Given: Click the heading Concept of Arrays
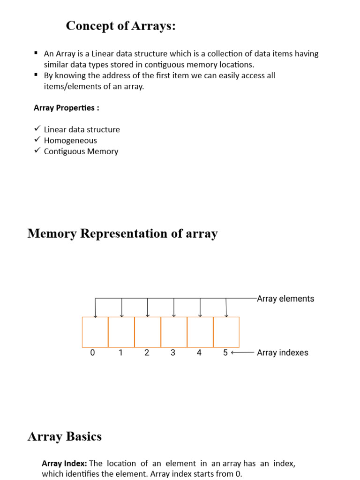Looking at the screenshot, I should (x=121, y=26).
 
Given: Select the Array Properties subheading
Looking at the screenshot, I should (x=66, y=108).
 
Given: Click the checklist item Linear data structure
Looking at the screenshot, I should (x=82, y=129).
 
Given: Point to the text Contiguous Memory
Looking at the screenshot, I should (x=81, y=151).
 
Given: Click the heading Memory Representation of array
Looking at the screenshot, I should (x=122, y=233).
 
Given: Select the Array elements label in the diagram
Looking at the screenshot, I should (x=285, y=299).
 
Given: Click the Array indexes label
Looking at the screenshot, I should (x=283, y=352).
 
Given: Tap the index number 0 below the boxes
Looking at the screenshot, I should (x=92, y=353).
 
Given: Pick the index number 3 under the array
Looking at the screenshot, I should (x=173, y=353).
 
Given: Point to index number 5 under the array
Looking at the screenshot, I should (x=225, y=353).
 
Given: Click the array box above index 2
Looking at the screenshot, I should (x=148, y=332).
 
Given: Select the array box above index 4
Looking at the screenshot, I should (x=200, y=332).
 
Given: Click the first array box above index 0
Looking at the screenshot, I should (x=95, y=332).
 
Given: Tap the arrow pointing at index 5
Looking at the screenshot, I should (x=242, y=352).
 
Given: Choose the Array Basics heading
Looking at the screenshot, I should (x=65, y=436).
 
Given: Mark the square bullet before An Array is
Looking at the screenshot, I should (x=36, y=53).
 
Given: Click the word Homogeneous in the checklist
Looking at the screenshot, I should (x=70, y=140).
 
